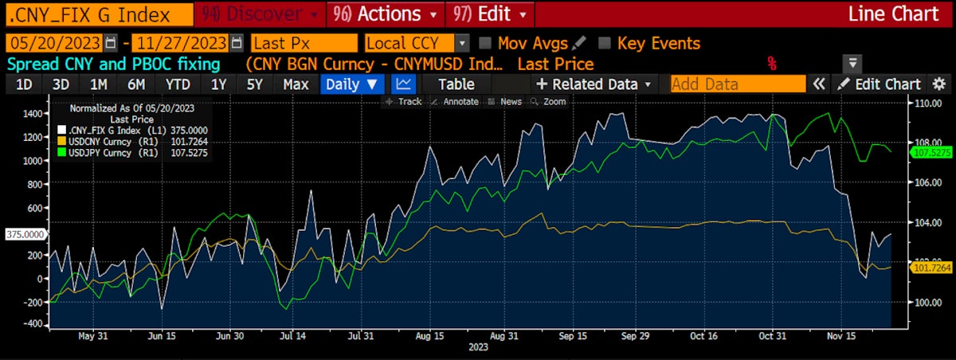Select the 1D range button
pos(25,84)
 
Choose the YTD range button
pos(178,84)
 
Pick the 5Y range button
pos(255,84)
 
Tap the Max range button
pos(296,84)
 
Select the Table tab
pos(456,84)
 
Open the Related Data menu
pos(594,84)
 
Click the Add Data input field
pos(738,84)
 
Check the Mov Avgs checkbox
pos(485,43)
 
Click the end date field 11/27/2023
pos(181,43)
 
